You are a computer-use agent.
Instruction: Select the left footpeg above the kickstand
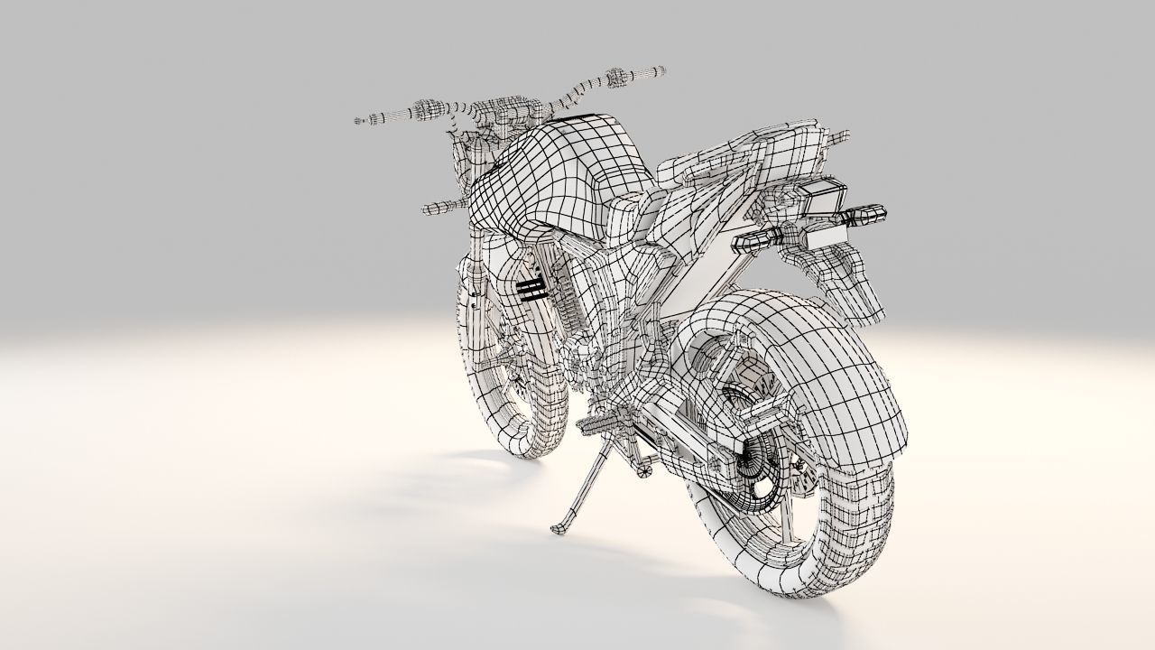[599, 421]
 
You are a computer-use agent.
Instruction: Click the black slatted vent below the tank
[531, 286]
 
